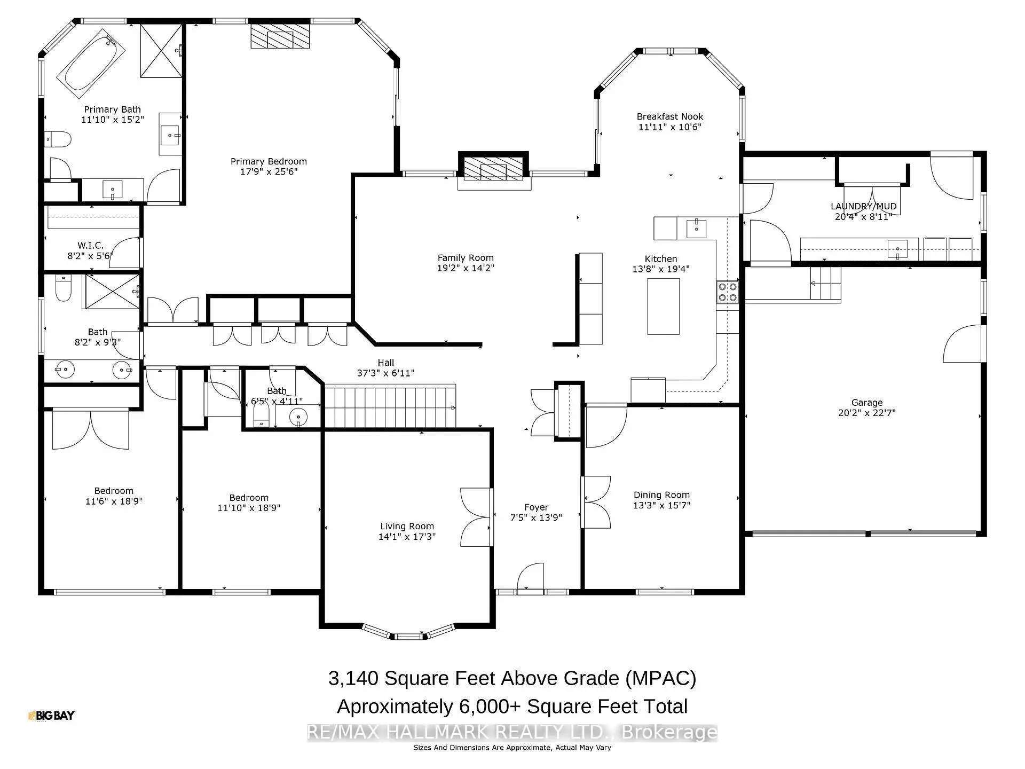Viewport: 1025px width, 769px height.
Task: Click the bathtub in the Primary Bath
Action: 90,64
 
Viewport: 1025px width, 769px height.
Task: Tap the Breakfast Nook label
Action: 669,116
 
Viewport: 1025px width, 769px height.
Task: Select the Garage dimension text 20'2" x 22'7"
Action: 866,413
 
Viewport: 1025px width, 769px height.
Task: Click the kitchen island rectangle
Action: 663,307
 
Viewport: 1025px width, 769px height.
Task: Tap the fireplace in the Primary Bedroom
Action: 280,36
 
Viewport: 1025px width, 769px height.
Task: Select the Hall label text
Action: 385,363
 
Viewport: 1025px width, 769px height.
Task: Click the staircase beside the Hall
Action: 390,407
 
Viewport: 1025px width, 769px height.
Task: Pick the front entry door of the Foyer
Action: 530,579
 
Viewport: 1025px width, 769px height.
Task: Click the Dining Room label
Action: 661,495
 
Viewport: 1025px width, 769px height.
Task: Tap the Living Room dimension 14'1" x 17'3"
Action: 407,537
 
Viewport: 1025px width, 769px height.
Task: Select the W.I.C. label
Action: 90,246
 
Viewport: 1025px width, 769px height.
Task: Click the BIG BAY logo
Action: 51,716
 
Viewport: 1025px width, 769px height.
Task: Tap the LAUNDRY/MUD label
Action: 863,206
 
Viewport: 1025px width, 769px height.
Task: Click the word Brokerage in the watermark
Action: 669,732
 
